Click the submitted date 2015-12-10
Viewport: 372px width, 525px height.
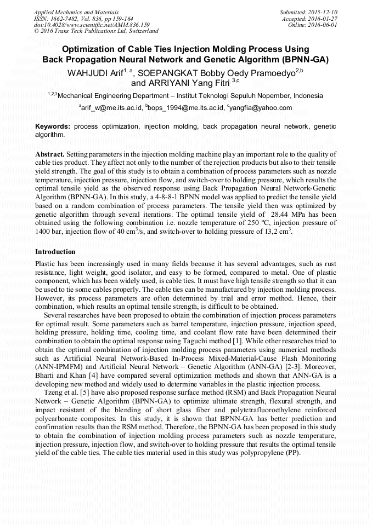pyautogui.click(x=324, y=11)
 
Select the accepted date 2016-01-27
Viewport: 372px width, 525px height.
pyautogui.click(x=324, y=18)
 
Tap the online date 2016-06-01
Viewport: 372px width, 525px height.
pyautogui.click(x=324, y=25)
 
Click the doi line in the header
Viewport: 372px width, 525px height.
pyautogui.click(x=92, y=25)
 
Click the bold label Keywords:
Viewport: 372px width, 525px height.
pyautogui.click(x=53, y=126)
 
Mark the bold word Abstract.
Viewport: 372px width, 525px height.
pyautogui.click(x=50, y=154)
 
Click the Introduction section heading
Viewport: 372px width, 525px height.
pyautogui.click(x=55, y=251)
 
